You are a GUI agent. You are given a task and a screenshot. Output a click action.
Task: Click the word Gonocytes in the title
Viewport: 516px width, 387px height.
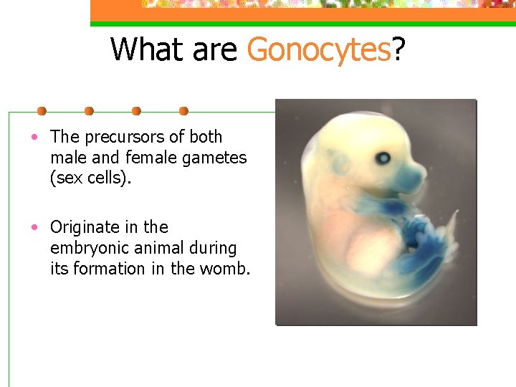point(319,49)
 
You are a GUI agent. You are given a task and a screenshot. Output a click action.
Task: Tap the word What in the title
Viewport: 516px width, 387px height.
point(145,49)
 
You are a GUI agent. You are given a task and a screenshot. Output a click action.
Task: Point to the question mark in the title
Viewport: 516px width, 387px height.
point(399,49)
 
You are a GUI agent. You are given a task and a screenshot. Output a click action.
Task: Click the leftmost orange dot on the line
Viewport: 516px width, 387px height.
point(42,111)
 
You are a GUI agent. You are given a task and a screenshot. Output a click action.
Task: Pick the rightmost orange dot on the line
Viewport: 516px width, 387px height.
point(183,111)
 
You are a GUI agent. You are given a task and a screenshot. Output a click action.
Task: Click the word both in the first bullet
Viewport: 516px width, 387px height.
point(206,137)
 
